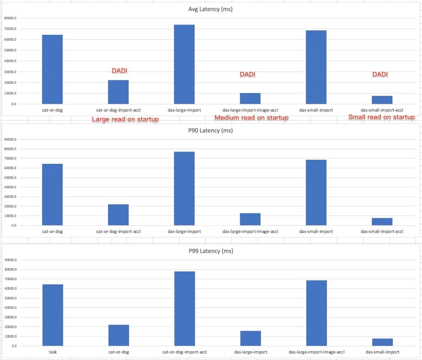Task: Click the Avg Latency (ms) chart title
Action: coord(210,9)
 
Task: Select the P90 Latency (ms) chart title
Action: coord(210,130)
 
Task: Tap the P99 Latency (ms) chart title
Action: coord(211,251)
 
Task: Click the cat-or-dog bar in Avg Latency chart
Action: coord(52,69)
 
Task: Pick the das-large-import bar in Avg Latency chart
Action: coord(184,64)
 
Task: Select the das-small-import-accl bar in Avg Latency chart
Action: coord(382,100)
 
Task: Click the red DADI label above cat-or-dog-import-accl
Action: coord(120,71)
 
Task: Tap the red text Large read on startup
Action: coord(126,120)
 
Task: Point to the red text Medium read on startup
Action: coord(251,118)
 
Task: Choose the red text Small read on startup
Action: coord(381,117)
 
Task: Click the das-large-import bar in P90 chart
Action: coord(184,188)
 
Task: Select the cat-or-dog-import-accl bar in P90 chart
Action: coord(118,214)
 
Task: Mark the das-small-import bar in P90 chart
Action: coord(316,192)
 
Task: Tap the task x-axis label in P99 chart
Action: coord(53,352)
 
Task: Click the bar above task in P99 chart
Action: coord(53,315)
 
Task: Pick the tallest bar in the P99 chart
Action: coord(185,308)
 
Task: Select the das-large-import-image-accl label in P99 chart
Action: coord(317,352)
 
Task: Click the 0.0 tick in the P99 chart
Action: coord(14,346)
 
